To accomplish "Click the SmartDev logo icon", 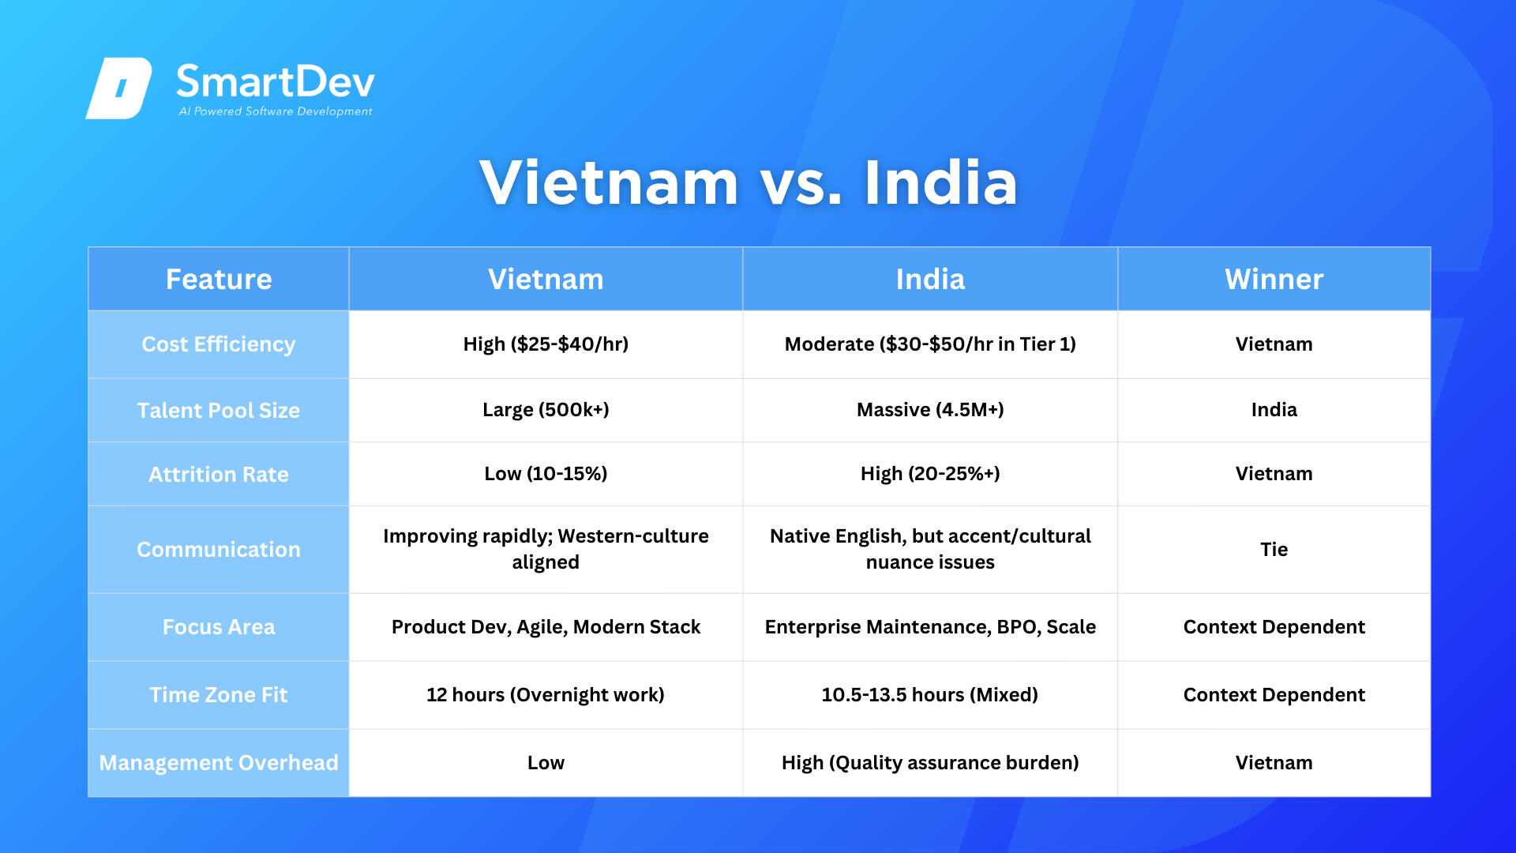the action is (118, 88).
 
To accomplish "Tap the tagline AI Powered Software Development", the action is (276, 111).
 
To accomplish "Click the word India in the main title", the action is (940, 182).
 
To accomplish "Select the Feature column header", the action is (219, 280).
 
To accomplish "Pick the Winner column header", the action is (1274, 280).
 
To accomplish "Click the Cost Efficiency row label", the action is (219, 344).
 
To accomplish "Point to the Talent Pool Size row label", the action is (219, 410).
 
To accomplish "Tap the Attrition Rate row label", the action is (219, 474).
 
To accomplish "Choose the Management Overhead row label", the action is (219, 763).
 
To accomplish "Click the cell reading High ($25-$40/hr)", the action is (546, 344).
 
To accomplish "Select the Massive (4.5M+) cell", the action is (930, 410).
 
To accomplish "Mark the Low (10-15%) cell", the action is (546, 474).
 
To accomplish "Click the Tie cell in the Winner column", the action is (1274, 550).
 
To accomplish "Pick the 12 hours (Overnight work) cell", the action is (546, 695).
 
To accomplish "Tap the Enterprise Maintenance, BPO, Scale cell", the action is (930, 627).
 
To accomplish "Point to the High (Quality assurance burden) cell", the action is (930, 763).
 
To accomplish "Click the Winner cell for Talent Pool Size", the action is (1274, 410).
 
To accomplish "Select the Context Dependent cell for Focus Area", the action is (1274, 627).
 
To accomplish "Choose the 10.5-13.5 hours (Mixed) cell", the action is (930, 695).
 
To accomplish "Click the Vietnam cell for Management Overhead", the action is (1274, 763).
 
